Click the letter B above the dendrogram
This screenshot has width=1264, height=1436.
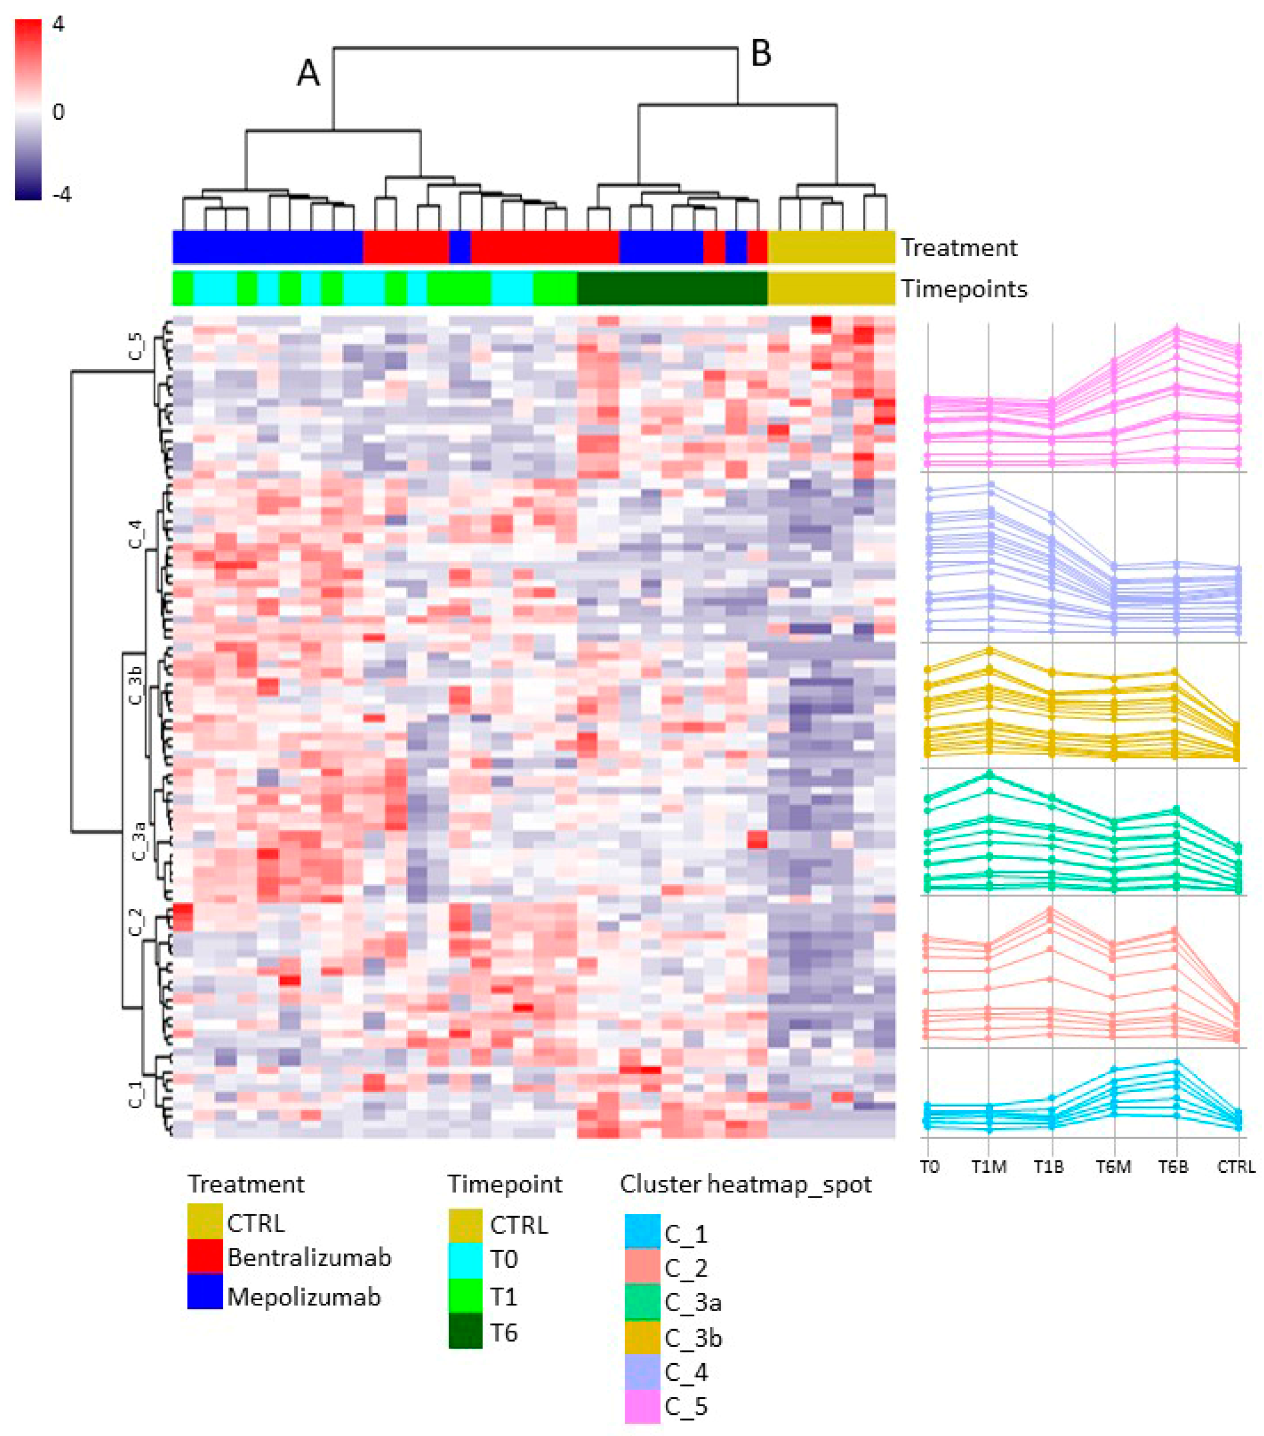(x=761, y=53)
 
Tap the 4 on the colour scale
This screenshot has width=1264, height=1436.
(x=58, y=25)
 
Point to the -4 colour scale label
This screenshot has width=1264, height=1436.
(x=61, y=195)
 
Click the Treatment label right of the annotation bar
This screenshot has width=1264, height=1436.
(x=958, y=247)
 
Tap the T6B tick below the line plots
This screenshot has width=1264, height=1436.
(x=1173, y=1167)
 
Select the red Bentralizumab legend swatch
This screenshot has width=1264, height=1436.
(x=204, y=1256)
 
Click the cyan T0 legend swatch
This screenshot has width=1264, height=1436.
(x=465, y=1259)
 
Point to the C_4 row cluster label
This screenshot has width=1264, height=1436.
(x=136, y=535)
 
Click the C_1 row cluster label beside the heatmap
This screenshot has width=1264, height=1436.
(x=136, y=1094)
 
